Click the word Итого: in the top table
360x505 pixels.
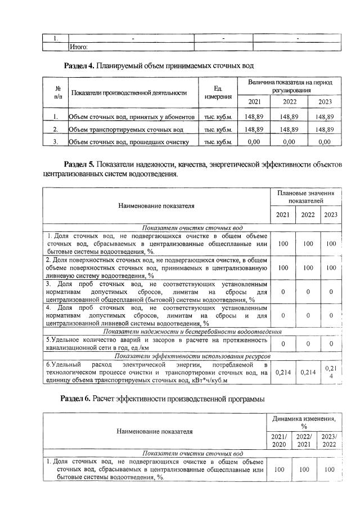pyautogui.click(x=79, y=47)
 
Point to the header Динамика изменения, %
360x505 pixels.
pyautogui.click(x=304, y=423)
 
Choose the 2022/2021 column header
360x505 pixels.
pyautogui.click(x=303, y=440)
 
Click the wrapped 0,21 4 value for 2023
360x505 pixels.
pyautogui.click(x=330, y=372)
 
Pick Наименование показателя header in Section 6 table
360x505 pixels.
pyautogui.click(x=154, y=432)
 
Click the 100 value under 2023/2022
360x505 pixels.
pyautogui.click(x=329, y=468)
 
